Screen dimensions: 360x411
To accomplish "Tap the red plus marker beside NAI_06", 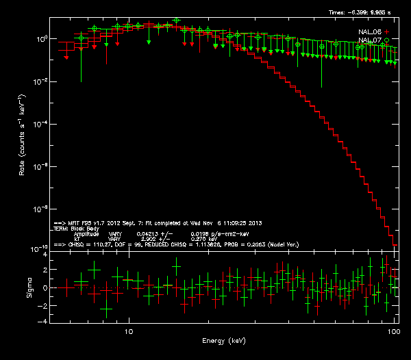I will click(387, 32).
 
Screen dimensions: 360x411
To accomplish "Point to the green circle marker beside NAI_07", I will click(387, 41).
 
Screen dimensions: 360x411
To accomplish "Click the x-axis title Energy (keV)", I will click(223, 340).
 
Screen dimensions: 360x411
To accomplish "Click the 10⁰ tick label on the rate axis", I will click(41, 39).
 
